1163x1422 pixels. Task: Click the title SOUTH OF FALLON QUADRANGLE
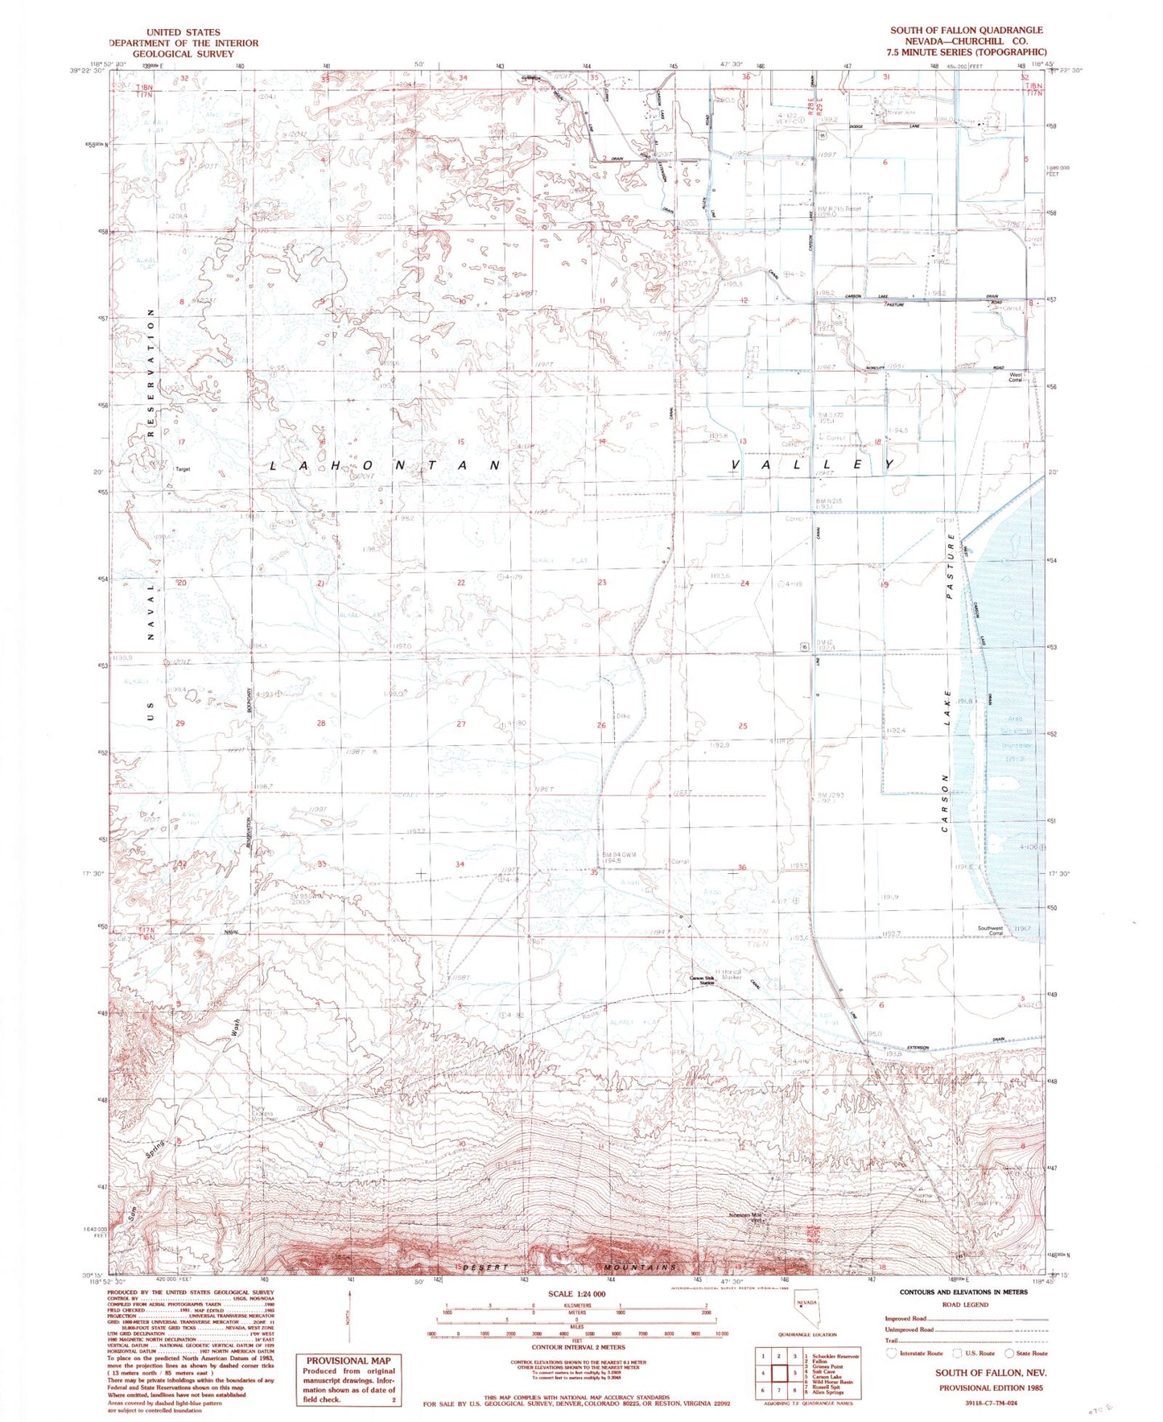(966, 30)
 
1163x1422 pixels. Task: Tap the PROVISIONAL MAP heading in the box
(348, 1360)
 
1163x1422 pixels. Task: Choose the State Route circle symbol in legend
(1000, 1354)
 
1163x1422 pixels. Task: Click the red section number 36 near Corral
(742, 867)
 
